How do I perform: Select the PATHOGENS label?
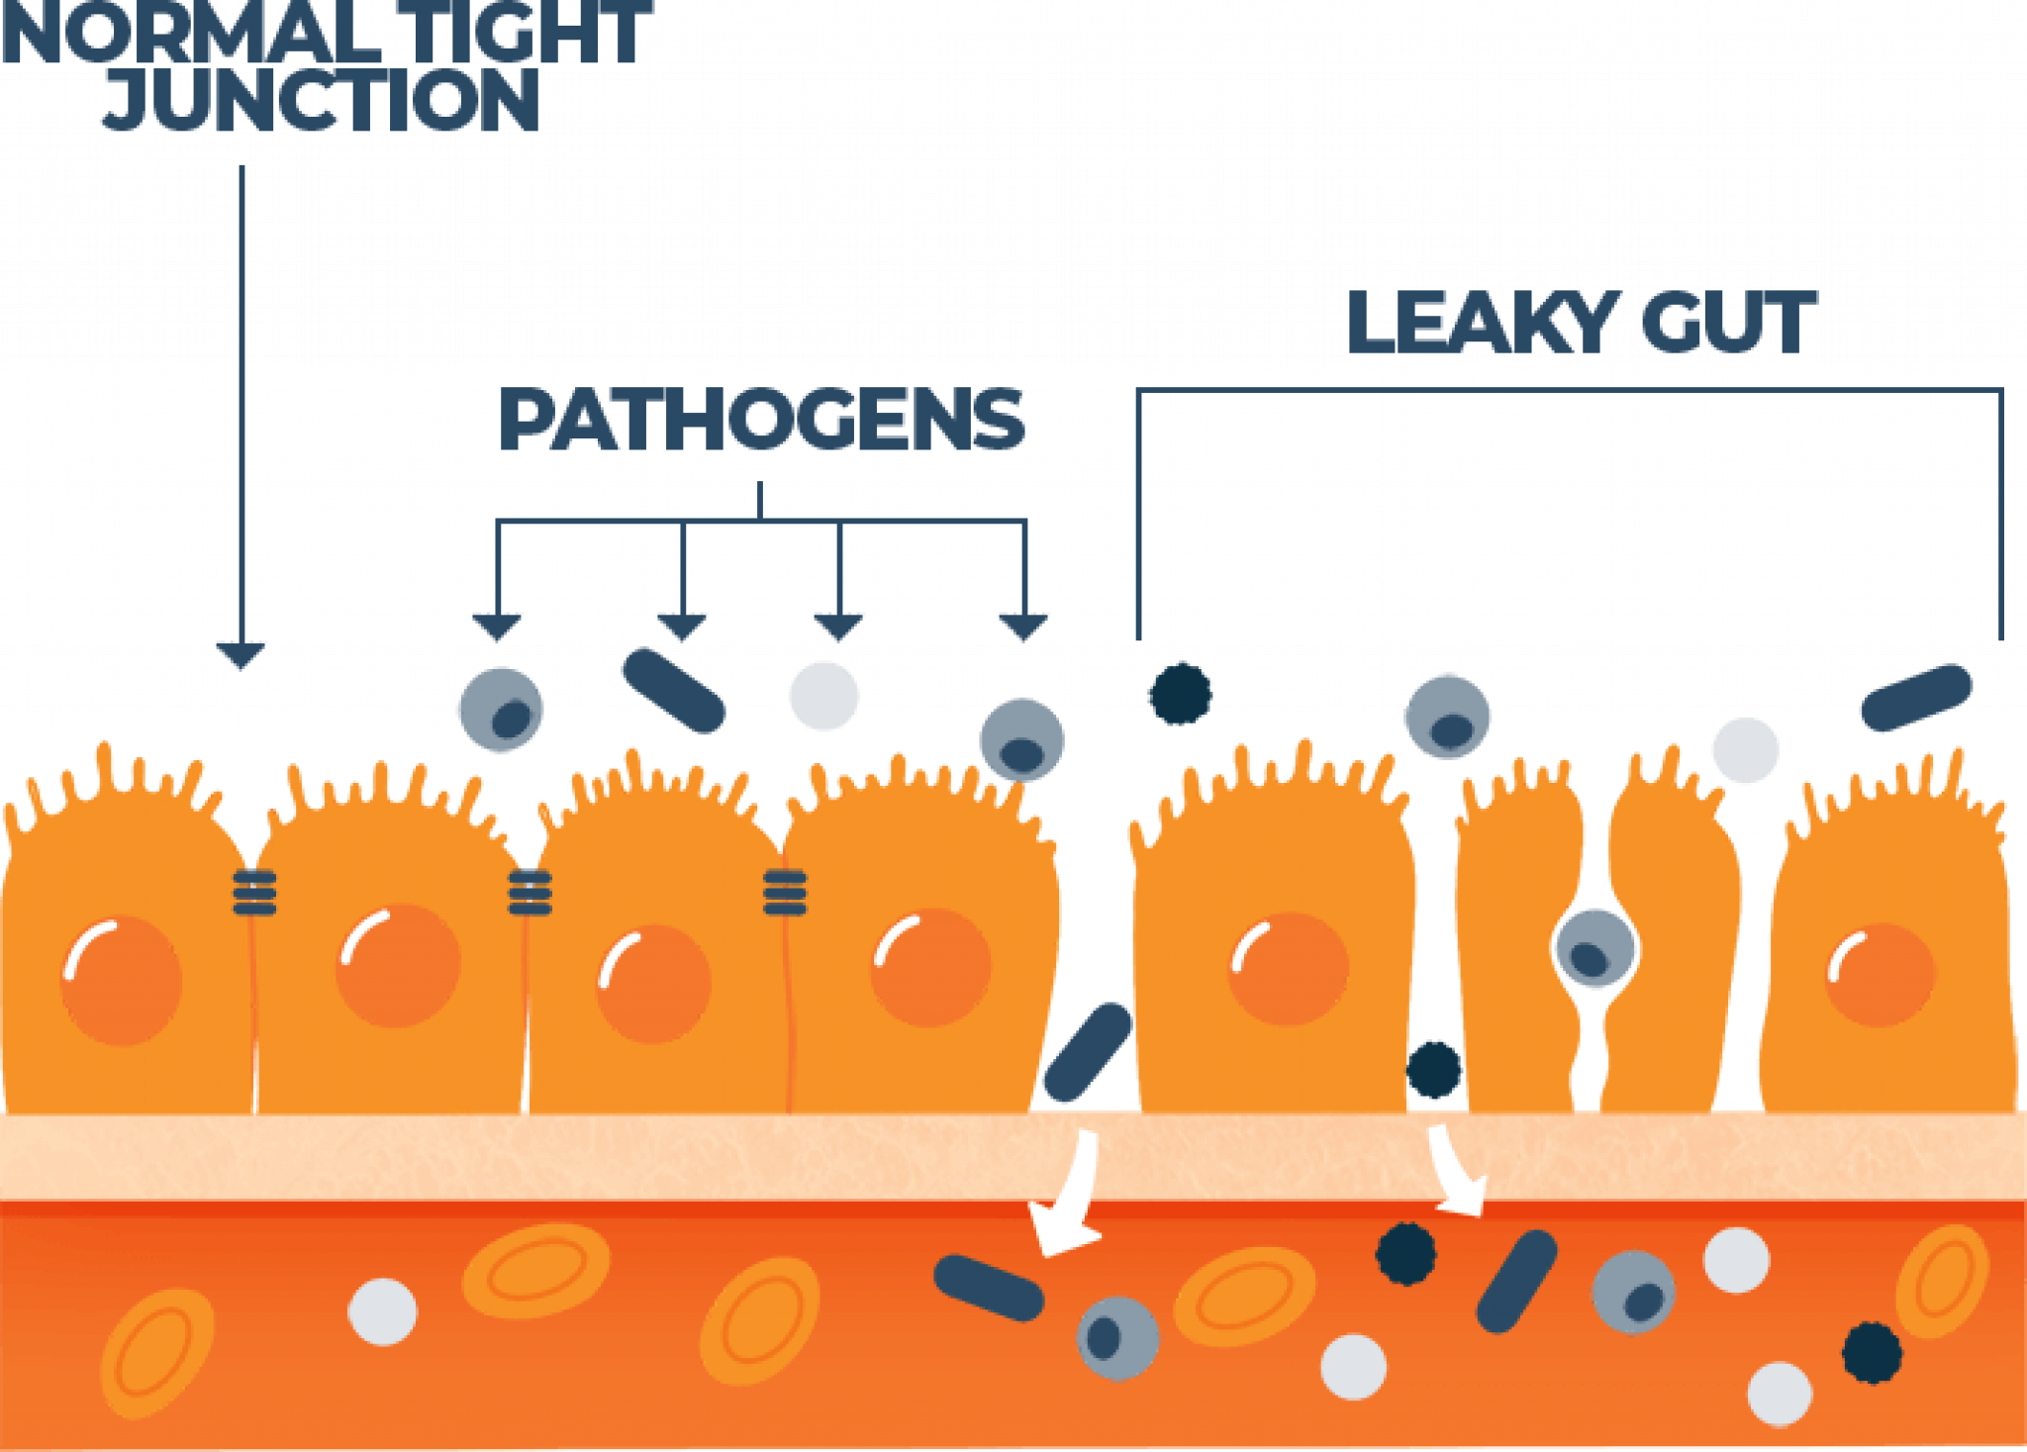pyautogui.click(x=761, y=420)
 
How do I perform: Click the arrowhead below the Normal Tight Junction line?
pyautogui.click(x=241, y=654)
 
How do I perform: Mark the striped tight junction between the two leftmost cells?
pyautogui.click(x=254, y=892)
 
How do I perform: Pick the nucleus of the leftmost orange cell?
pyautogui.click(x=122, y=980)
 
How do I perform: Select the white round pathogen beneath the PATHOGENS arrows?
pyautogui.click(x=823, y=696)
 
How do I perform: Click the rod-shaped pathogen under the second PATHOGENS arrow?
pyautogui.click(x=673, y=690)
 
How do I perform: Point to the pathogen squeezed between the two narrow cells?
pyautogui.click(x=1594, y=948)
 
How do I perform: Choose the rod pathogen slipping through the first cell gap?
pyautogui.click(x=1087, y=1053)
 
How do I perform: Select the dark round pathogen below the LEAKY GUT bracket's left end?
pyautogui.click(x=1180, y=693)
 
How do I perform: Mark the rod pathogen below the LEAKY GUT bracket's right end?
pyautogui.click(x=1916, y=698)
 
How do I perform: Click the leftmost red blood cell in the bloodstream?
pyautogui.click(x=156, y=1353)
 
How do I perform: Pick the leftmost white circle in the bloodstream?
pyautogui.click(x=382, y=1311)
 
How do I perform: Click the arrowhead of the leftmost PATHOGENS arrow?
pyautogui.click(x=497, y=627)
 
